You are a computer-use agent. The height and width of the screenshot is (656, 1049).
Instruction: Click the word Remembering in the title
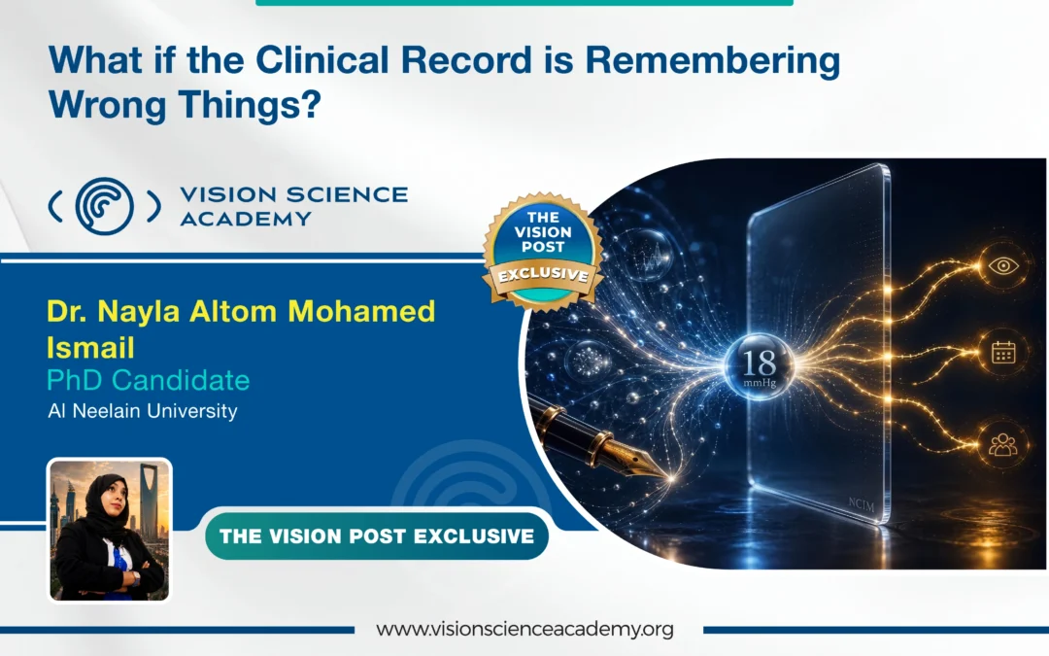coord(713,61)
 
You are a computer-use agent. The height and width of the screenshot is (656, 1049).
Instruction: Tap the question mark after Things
coord(312,104)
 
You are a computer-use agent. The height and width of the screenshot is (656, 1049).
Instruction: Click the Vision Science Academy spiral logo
coord(104,205)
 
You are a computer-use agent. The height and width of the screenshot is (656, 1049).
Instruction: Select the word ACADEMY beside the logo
coord(246,219)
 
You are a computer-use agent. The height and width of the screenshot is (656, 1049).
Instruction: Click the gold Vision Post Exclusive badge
coord(543,251)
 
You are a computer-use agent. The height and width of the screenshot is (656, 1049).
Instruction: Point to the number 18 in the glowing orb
coord(759,363)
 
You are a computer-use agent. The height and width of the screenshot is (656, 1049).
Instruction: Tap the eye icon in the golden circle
coord(1002,265)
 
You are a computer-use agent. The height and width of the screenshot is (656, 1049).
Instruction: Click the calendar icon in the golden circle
coord(1002,352)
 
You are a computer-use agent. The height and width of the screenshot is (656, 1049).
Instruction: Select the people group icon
coord(1002,444)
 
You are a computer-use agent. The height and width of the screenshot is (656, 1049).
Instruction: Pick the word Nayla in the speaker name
coord(139,311)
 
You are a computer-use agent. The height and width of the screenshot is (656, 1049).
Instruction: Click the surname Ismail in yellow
coord(90,347)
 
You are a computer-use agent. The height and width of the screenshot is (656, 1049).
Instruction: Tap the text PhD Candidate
coord(148,380)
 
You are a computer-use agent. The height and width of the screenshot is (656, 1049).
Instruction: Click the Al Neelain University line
coord(143,411)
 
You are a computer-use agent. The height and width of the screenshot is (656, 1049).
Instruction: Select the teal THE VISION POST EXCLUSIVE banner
coord(377,536)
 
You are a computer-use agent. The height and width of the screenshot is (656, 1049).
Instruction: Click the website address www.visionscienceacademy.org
coord(524,629)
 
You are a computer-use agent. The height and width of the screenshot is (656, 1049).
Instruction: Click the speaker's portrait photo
coord(110,530)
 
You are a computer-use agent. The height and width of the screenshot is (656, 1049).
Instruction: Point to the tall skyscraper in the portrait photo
coord(150,499)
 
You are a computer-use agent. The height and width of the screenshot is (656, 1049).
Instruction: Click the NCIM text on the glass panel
coord(862,504)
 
